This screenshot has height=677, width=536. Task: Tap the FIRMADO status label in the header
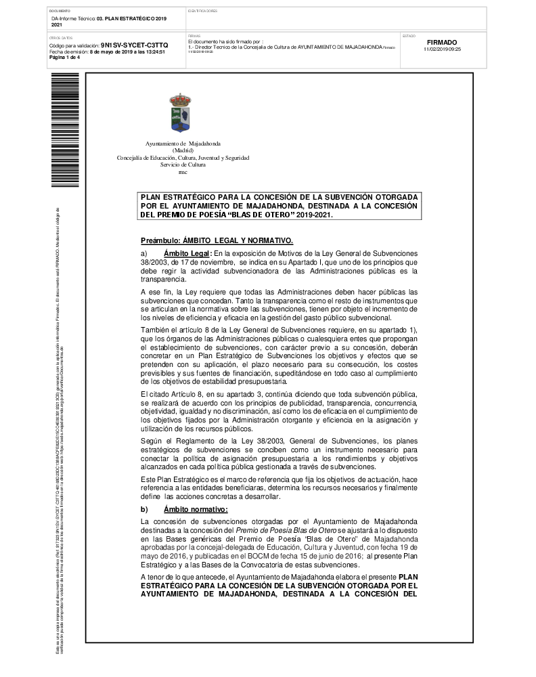[443, 42]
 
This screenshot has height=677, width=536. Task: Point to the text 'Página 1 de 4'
[64, 58]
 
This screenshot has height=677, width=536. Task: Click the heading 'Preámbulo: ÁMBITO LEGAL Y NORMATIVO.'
[216, 240]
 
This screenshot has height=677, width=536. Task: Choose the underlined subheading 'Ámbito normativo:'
[196, 508]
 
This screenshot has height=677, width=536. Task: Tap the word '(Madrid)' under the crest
[183, 151]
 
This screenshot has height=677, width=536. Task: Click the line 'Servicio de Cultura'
[183, 165]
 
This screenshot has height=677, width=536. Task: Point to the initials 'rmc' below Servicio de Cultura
[183, 172]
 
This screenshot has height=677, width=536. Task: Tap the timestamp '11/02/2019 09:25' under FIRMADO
[442, 49]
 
